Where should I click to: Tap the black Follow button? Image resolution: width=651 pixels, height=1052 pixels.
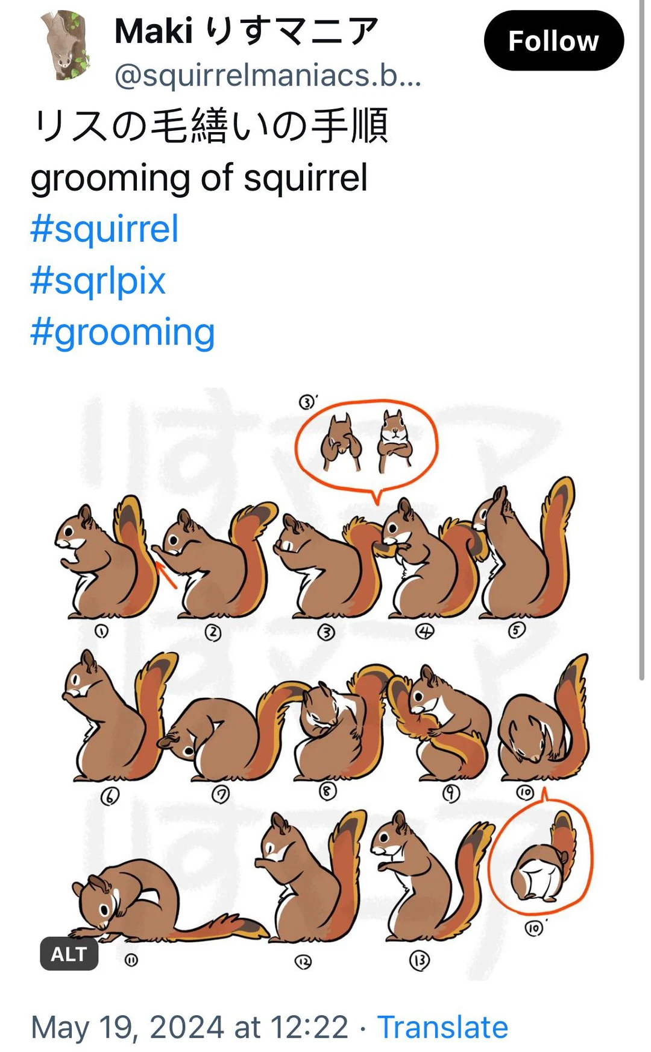pos(553,41)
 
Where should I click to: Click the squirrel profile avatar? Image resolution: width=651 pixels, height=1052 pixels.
pos(67,45)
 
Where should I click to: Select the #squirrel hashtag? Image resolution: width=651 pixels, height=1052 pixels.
pos(104,229)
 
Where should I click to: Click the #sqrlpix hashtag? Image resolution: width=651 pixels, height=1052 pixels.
pos(98,281)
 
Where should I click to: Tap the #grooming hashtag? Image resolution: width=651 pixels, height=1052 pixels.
pos(122,332)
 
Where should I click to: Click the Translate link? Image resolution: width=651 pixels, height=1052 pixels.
pos(442,1027)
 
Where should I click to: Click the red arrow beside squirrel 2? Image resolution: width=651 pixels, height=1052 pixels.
pos(167,574)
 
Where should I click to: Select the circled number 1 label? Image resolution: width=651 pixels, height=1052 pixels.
pos(101,632)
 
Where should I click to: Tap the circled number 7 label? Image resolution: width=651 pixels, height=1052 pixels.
pos(221,795)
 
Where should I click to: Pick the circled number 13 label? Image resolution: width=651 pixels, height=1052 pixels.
pos(420,960)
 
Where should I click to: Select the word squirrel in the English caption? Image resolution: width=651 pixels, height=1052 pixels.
pos(305,178)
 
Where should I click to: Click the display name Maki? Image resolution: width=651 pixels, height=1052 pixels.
pos(154,31)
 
